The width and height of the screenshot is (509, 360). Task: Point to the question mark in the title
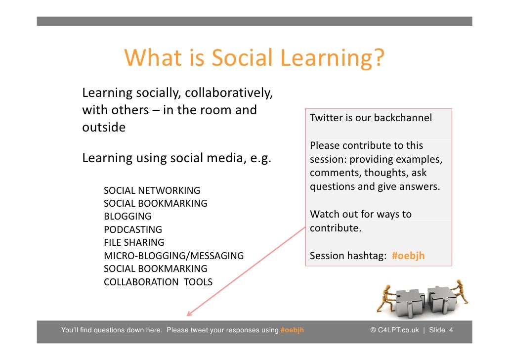click(x=377, y=58)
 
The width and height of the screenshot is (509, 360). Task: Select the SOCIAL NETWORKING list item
click(x=152, y=190)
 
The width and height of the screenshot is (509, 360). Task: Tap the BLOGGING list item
click(x=127, y=217)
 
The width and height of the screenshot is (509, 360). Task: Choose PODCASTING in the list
click(x=133, y=229)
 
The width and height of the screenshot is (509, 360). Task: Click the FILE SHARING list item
click(x=134, y=243)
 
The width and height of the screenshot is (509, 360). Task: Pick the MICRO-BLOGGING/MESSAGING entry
click(x=173, y=256)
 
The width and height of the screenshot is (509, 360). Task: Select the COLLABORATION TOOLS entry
click(x=158, y=282)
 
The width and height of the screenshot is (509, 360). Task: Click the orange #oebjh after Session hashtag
click(x=408, y=256)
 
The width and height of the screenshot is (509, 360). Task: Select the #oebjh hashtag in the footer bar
click(x=292, y=330)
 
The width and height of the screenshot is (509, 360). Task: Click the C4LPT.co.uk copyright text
click(x=395, y=330)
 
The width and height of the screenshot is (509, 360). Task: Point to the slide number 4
click(x=451, y=330)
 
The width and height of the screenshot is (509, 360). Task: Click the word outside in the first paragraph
click(x=104, y=128)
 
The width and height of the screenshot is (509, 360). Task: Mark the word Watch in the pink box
click(x=324, y=215)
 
